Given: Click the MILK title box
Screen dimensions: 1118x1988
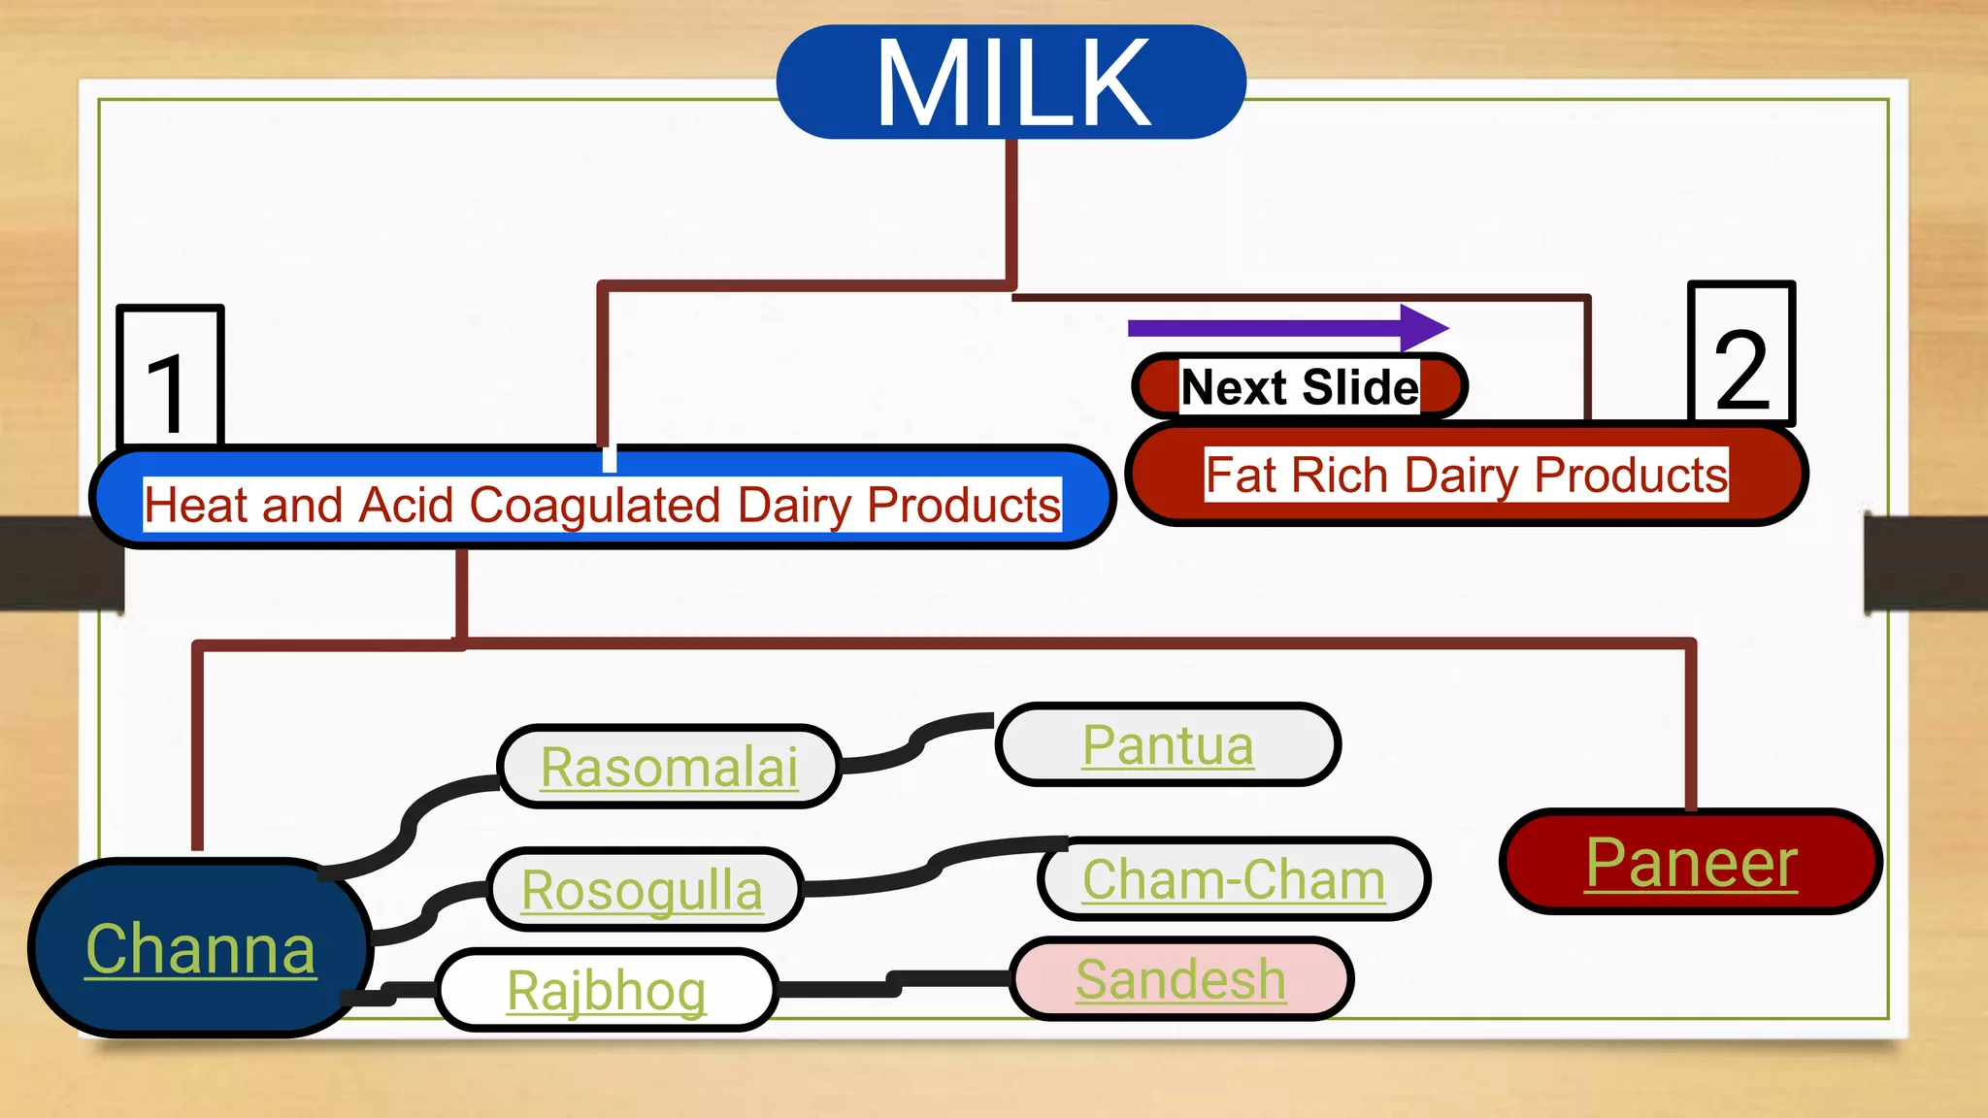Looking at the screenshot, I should click(x=1011, y=82).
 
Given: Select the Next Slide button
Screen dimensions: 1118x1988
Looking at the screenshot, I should click(x=1299, y=387).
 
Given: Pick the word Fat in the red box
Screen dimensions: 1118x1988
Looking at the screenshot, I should click(x=1241, y=476).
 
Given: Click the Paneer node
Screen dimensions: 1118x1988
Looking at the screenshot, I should click(x=1690, y=862).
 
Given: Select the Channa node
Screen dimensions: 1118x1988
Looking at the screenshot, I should click(x=201, y=948).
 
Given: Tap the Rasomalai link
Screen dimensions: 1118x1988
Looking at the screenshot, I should click(x=669, y=767).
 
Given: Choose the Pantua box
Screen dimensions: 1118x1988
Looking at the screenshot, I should click(x=1168, y=745).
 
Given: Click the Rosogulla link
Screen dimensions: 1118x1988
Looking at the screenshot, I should click(x=643, y=890).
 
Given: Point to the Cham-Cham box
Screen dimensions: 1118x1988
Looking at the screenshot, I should click(x=1233, y=879).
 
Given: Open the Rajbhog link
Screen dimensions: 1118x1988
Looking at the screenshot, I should click(x=607, y=990).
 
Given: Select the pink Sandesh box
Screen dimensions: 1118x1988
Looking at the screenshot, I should click(x=1180, y=978).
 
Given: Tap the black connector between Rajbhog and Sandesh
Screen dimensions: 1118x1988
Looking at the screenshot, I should click(x=893, y=983).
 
